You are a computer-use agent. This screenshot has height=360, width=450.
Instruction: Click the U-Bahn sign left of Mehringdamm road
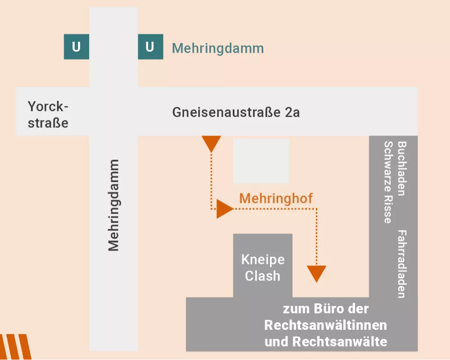click(76, 47)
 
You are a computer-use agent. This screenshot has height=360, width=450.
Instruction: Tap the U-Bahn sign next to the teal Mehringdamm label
click(150, 47)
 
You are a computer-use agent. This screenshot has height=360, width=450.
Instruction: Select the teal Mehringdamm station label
click(218, 49)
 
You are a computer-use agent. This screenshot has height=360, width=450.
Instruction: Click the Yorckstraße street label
click(48, 114)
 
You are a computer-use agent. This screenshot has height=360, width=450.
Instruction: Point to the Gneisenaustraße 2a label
click(236, 112)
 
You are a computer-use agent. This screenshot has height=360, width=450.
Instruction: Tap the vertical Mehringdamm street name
click(113, 205)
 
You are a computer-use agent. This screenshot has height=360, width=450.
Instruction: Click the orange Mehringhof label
click(276, 198)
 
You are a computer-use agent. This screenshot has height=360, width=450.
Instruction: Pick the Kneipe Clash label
click(263, 268)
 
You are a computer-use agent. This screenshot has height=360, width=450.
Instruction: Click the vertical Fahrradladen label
click(401, 264)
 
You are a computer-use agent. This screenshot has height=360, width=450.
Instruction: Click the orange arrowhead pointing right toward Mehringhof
click(224, 209)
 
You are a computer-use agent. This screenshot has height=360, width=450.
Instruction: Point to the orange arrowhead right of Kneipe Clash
click(316, 273)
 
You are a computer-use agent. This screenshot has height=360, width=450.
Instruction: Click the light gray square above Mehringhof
click(261, 161)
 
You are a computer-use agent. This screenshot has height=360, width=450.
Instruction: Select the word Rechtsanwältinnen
click(326, 325)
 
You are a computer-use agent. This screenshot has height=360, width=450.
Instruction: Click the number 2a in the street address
click(292, 112)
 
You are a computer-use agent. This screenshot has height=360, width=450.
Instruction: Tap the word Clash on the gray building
click(263, 275)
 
